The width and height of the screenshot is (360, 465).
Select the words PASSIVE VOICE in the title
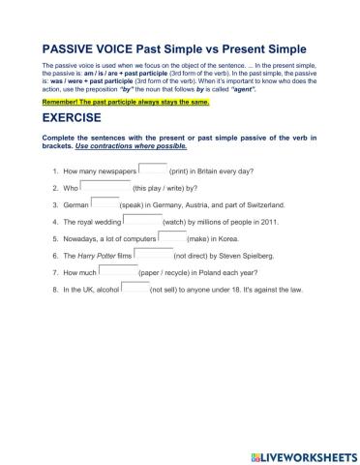click(x=93, y=48)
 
